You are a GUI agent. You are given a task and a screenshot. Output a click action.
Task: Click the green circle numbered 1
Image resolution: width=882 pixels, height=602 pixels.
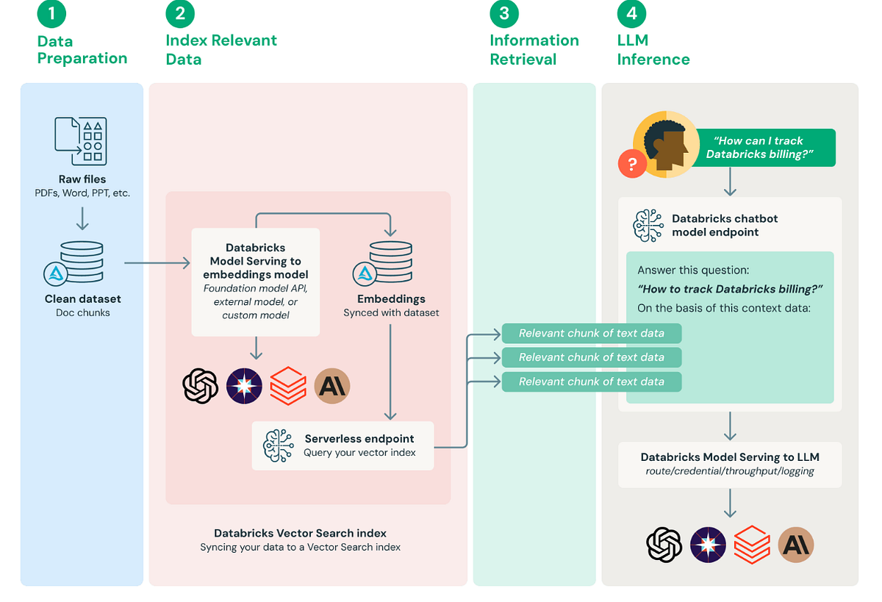click(51, 13)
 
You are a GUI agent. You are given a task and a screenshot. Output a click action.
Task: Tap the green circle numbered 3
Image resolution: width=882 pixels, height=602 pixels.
click(503, 13)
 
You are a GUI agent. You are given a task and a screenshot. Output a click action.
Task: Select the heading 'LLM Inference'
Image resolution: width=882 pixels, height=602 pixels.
click(653, 50)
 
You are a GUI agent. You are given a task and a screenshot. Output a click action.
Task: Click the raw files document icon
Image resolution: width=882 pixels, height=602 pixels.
click(81, 140)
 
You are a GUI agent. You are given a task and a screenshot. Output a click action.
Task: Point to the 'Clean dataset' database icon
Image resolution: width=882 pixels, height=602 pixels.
click(81, 262)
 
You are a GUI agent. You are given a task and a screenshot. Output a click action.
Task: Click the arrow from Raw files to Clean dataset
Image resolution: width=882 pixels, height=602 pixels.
click(82, 218)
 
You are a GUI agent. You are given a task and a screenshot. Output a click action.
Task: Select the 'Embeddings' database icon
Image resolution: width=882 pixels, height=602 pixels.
click(390, 262)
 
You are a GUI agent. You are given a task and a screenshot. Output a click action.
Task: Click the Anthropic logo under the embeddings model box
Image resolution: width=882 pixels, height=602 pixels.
click(332, 385)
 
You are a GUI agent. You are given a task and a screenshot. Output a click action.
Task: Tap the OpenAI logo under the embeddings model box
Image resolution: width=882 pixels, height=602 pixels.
click(200, 385)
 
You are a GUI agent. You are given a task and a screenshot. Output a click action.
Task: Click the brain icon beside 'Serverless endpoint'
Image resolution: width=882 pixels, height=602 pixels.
click(279, 445)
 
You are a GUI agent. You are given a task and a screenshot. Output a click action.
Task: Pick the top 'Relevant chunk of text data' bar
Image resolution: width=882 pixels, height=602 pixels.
click(591, 333)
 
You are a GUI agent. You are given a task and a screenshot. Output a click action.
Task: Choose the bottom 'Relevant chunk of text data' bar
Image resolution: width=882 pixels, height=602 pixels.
click(591, 381)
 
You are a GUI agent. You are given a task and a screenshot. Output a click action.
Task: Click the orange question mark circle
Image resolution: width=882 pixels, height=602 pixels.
click(632, 163)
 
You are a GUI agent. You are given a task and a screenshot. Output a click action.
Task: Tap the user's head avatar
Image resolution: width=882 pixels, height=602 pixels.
click(666, 144)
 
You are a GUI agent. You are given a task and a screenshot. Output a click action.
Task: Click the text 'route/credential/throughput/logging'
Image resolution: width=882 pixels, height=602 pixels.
click(729, 471)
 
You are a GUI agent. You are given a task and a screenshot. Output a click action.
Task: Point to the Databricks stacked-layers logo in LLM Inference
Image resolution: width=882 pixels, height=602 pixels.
click(752, 545)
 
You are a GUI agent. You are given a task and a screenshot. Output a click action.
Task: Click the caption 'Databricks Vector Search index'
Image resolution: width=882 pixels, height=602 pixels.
click(300, 533)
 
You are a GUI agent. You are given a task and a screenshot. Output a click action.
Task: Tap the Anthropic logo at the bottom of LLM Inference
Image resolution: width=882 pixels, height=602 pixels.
click(796, 545)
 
